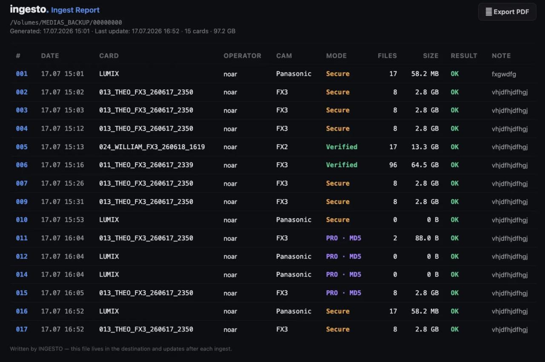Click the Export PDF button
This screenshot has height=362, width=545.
507,11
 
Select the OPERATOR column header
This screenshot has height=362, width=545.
242,56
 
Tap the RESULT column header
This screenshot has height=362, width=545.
464,56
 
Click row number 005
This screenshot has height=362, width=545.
22,147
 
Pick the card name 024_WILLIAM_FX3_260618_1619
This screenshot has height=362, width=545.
152,147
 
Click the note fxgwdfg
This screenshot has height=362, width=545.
504,74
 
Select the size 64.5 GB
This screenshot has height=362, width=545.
425,165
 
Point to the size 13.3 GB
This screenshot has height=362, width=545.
425,147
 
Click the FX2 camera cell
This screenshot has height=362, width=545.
282,147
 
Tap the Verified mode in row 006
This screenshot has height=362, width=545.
341,165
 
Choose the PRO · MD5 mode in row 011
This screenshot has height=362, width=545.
344,238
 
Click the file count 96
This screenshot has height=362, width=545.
393,165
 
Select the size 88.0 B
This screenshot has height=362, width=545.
427,238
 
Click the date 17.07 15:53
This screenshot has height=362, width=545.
62,220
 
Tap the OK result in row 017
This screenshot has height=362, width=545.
454,329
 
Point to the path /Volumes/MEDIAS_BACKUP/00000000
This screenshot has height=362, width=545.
66,23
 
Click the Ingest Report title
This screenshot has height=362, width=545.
75,10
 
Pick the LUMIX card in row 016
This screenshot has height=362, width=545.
109,311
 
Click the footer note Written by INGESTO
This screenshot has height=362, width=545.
121,349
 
